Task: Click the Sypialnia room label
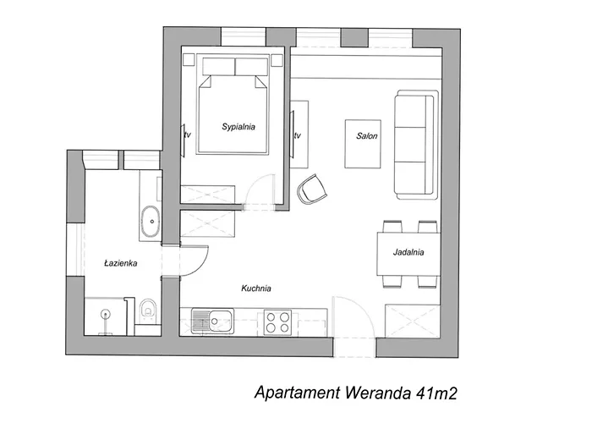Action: click(238, 127)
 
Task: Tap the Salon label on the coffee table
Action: click(367, 135)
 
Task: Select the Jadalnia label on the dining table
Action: click(408, 252)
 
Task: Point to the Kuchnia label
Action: click(255, 288)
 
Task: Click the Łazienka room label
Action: click(120, 263)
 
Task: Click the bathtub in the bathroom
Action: click(151, 222)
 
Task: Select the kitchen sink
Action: click(218, 321)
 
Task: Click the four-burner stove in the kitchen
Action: click(278, 321)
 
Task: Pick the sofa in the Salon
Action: click(414, 146)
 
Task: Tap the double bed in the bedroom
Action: click(234, 113)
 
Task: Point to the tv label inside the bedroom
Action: click(186, 134)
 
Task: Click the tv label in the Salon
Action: click(298, 135)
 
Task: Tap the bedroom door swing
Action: click(260, 190)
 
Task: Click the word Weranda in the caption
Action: click(378, 394)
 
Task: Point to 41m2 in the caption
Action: click(437, 394)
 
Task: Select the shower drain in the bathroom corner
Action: click(106, 313)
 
